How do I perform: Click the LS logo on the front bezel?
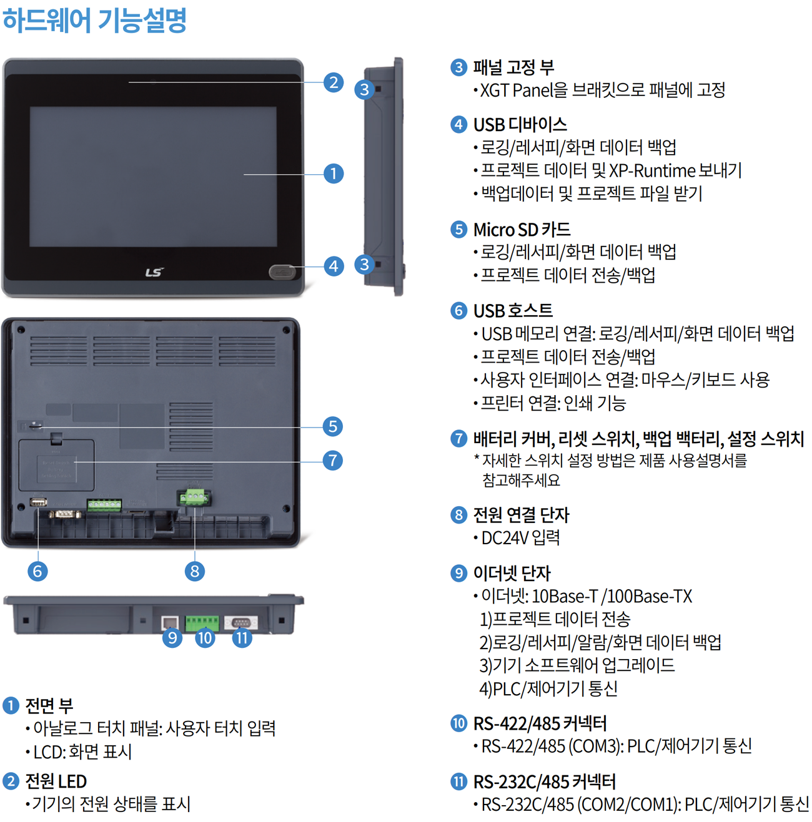point(154,272)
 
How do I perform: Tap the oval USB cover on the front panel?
point(282,272)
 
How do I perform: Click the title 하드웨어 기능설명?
point(95,20)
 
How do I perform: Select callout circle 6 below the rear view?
point(37,570)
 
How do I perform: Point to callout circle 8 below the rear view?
point(194,570)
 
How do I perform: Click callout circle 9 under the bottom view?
point(172,637)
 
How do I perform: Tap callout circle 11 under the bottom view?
point(242,637)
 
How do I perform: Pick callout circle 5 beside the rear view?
point(332,426)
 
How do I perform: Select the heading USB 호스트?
point(513,310)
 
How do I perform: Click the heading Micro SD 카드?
point(522,229)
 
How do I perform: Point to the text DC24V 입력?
point(520,537)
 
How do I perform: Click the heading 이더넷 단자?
point(512,573)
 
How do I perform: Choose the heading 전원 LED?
point(56,781)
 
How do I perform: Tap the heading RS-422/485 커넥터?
point(540,723)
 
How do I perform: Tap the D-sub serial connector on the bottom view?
point(241,622)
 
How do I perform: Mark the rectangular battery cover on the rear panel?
point(56,465)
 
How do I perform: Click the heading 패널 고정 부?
point(513,67)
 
